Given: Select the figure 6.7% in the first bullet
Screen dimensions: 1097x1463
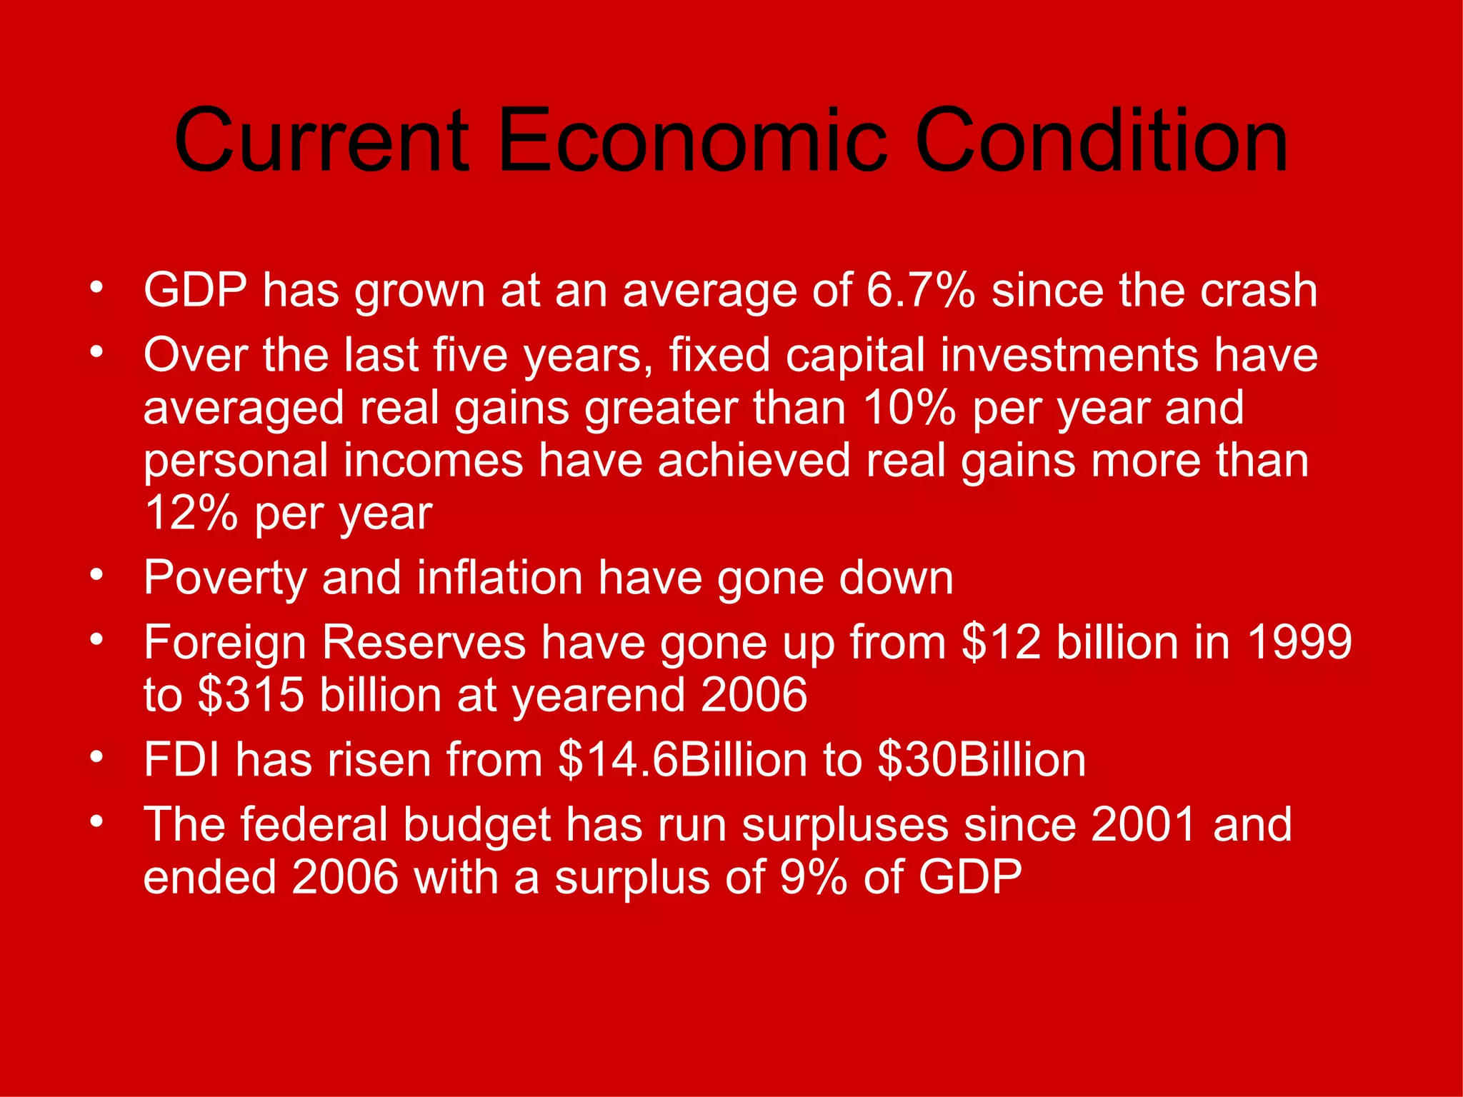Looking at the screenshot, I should tap(921, 291).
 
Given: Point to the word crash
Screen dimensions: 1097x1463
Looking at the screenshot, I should tap(1258, 291).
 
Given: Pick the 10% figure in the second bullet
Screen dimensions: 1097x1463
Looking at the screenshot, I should tap(909, 408).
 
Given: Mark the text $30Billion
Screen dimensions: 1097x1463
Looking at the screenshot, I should tap(982, 759).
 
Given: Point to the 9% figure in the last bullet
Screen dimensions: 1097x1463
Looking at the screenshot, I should tap(813, 877).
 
